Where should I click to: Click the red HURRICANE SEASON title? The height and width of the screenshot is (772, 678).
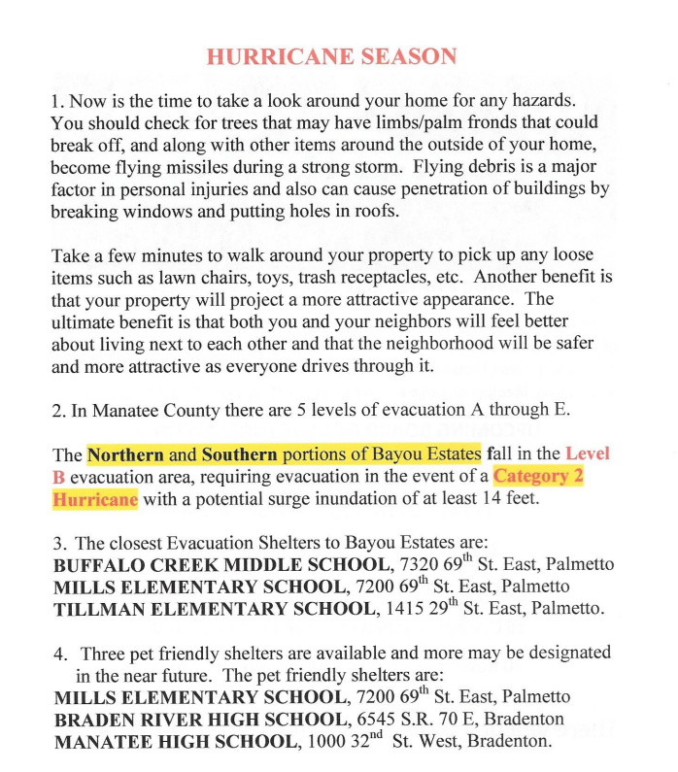click(x=331, y=55)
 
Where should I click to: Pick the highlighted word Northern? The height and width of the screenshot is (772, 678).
click(x=125, y=453)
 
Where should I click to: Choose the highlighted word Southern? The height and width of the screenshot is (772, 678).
click(x=240, y=453)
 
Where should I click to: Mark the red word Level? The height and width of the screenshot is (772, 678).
click(x=588, y=453)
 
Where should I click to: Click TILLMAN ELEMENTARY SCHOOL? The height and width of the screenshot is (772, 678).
click(x=213, y=610)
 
